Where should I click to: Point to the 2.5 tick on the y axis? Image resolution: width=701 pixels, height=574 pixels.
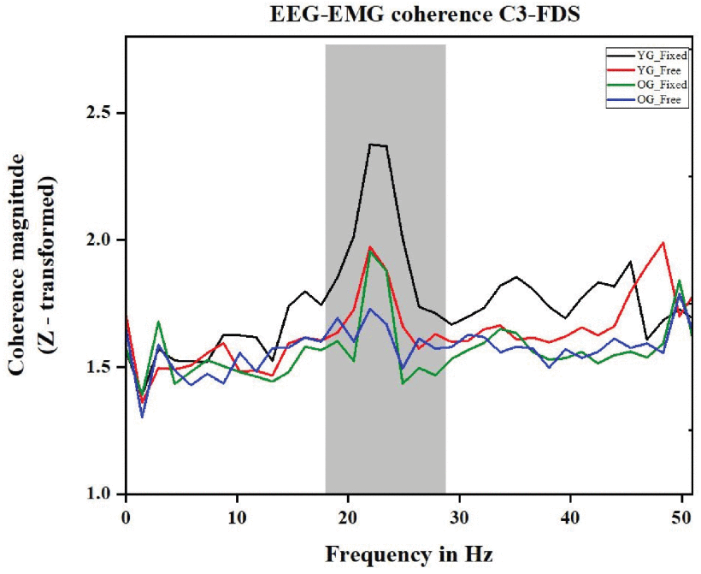coord(103,113)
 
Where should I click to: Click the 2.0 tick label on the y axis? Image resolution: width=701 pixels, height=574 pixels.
coord(103,240)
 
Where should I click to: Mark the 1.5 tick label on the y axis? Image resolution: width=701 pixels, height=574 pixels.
coord(103,367)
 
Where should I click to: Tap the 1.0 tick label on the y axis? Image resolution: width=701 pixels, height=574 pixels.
coord(103,494)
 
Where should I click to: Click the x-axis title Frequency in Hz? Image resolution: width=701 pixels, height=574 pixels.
coord(409,554)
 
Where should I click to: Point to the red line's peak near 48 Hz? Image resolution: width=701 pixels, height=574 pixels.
coord(663,242)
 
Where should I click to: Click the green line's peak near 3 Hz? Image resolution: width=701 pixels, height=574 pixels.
coord(159,322)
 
